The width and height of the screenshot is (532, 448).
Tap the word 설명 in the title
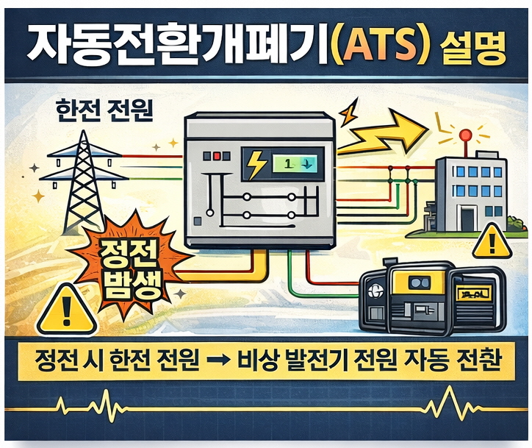pyautogui.click(x=475, y=48)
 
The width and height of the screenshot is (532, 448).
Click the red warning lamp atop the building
pyautogui.click(x=464, y=135)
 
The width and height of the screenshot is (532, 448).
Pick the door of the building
pyautogui.click(x=467, y=218)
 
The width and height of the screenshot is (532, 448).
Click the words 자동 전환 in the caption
pyautogui.click(x=448, y=362)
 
